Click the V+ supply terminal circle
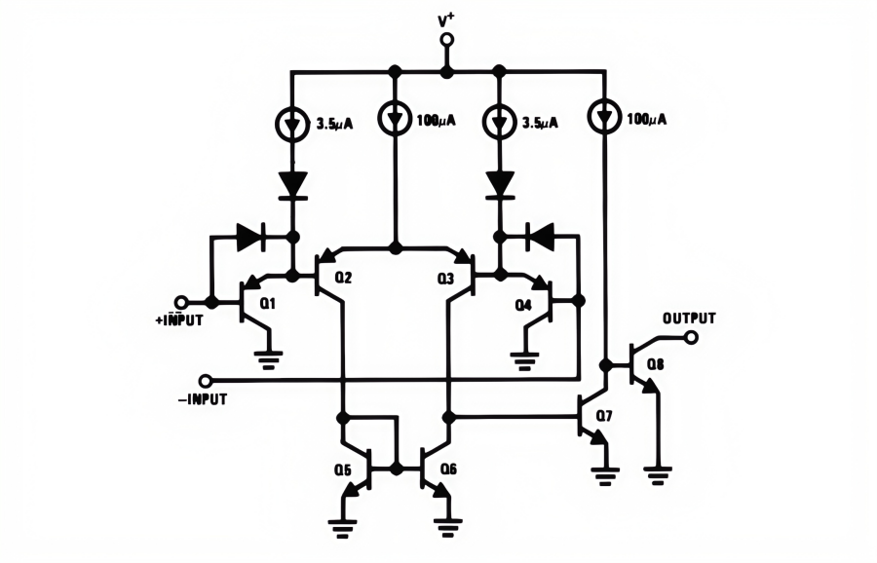tap(446, 40)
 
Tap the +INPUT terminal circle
tap(180, 302)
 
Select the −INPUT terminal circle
tap(205, 379)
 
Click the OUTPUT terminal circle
tap(691, 338)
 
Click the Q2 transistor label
tap(343, 278)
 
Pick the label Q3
tap(445, 278)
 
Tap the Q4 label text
tap(523, 304)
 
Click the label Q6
tap(448, 469)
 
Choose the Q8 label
tap(655, 366)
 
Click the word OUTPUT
tap(689, 319)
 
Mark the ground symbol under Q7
tap(605, 476)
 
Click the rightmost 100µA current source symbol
tap(604, 119)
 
